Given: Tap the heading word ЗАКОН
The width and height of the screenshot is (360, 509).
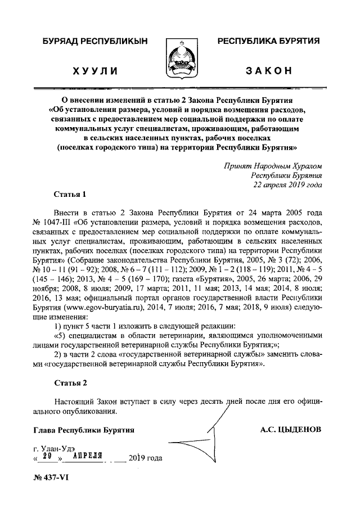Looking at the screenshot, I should pos(269,71).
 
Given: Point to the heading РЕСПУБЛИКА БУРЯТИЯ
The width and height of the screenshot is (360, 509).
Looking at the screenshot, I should pos(269,42).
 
